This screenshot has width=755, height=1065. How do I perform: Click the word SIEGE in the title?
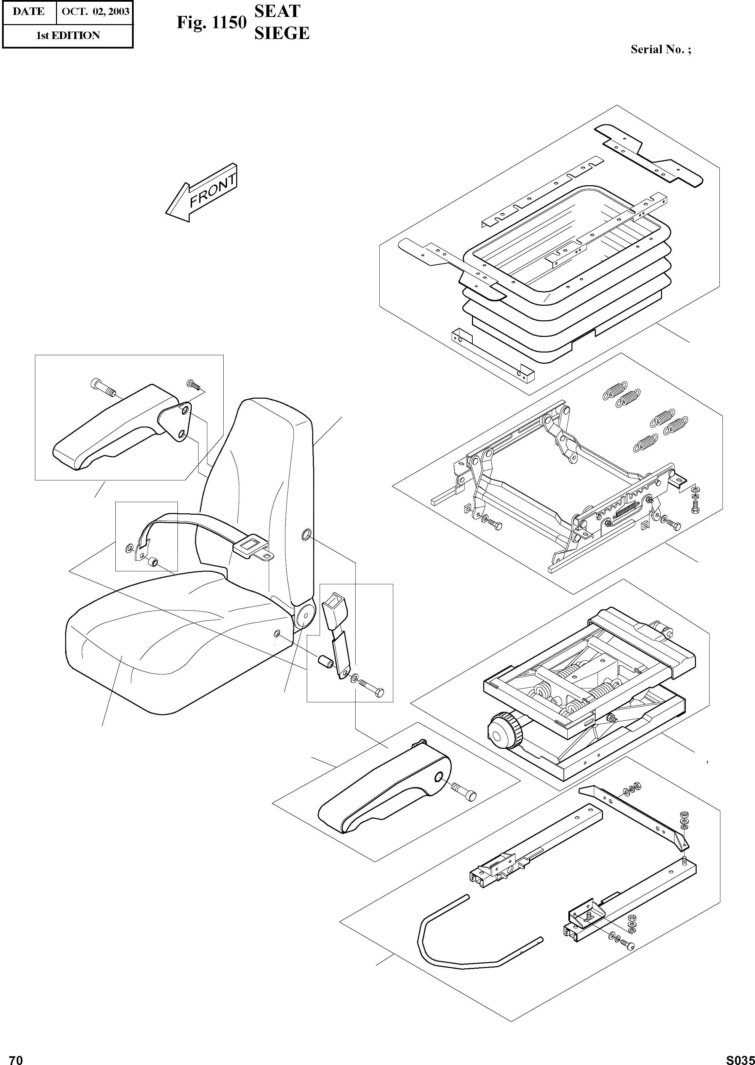(x=282, y=33)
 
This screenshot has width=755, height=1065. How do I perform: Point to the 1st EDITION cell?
(x=68, y=35)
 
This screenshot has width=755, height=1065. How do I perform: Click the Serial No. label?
(x=660, y=50)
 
